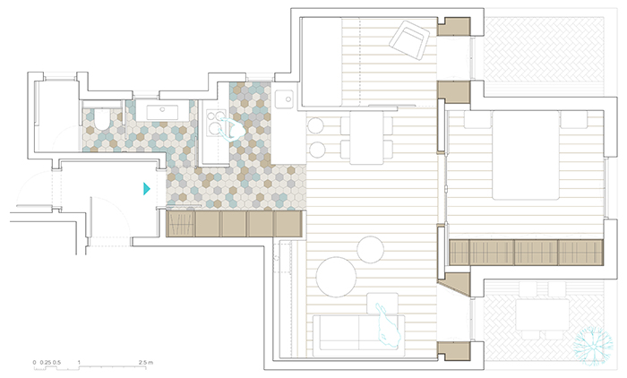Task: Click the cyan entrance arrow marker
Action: coord(147,189)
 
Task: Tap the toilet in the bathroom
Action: coord(101,120)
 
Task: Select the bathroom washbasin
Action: coord(162,112)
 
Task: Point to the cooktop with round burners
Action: coord(216,123)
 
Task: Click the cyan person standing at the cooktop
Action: coord(231,130)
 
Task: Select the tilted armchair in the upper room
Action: coord(409,40)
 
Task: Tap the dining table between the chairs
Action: coord(366,138)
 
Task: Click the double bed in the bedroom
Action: coord(526,155)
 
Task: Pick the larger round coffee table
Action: coord(336,277)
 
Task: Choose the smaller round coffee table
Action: coord(370,250)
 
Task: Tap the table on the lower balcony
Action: coord(542,315)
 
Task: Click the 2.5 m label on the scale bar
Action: coord(145,363)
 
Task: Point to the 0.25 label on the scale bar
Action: coord(45,363)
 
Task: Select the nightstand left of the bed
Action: coord(477,119)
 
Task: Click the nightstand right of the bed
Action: coord(573,119)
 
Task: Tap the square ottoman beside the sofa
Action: coord(382,304)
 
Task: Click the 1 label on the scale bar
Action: coord(79,363)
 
